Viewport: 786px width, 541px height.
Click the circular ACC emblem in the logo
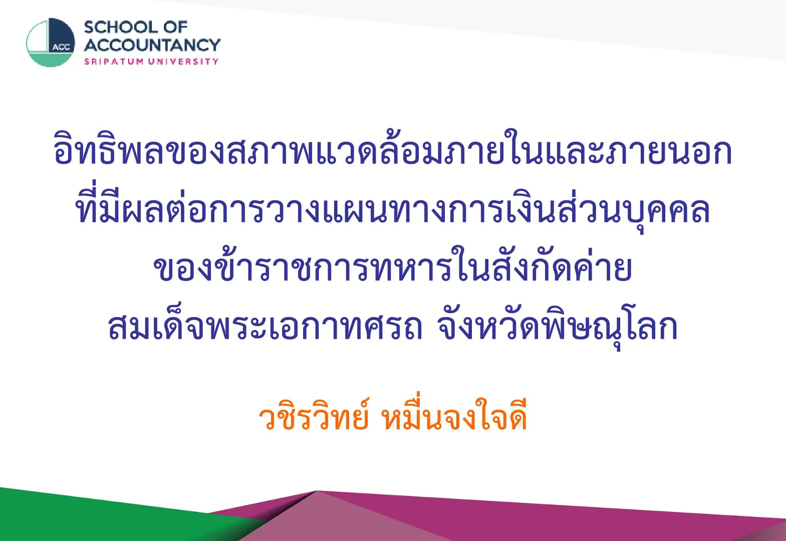(51, 43)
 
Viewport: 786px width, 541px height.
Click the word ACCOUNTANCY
(152, 45)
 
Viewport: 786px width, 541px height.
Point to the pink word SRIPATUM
(114, 62)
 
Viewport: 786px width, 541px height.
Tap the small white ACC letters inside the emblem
(62, 48)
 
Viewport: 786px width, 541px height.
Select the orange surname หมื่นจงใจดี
(455, 413)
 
